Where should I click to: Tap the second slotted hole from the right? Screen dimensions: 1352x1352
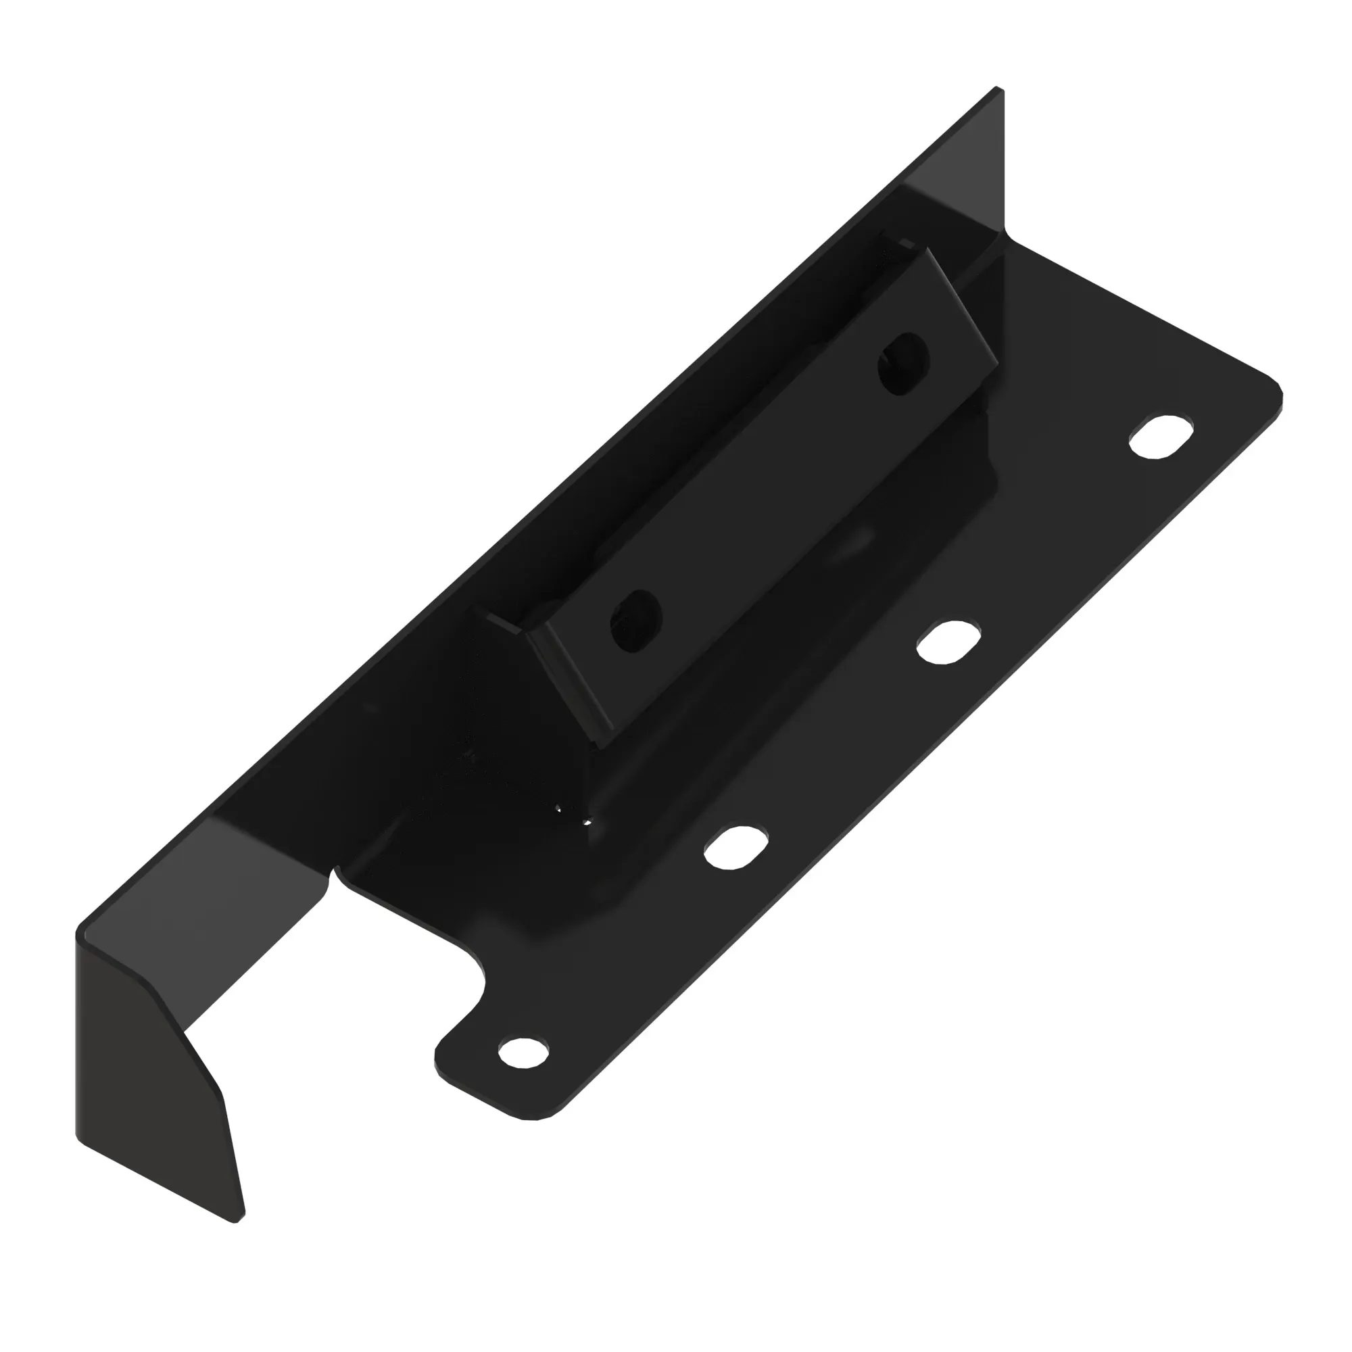(x=948, y=642)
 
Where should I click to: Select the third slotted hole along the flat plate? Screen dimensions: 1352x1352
(x=734, y=848)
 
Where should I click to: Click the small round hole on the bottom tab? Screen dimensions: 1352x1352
(x=523, y=1052)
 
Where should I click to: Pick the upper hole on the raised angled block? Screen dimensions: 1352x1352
(x=903, y=363)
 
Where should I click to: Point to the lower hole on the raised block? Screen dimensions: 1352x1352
(x=635, y=621)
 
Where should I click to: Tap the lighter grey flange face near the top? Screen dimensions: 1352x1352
(x=959, y=168)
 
